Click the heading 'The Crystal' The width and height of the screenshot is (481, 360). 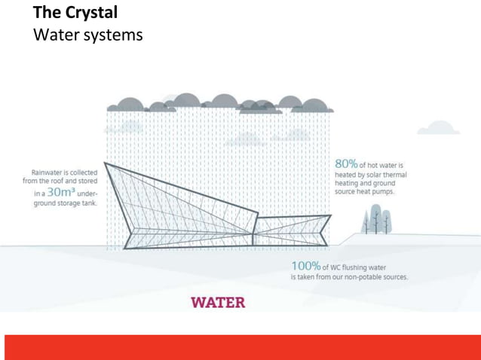(x=75, y=14)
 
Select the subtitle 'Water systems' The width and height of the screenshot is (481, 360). (x=88, y=35)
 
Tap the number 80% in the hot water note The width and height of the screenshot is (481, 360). (x=346, y=164)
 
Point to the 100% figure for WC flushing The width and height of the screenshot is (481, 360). (x=305, y=266)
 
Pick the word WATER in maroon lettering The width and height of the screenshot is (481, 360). (x=218, y=302)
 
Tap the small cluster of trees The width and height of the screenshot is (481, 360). (x=376, y=221)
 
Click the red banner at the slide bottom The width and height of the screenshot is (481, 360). (x=240, y=347)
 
